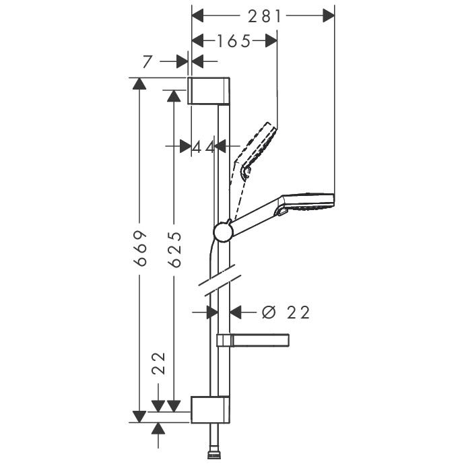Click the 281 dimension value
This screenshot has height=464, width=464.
point(265,16)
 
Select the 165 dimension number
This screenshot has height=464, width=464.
point(234,41)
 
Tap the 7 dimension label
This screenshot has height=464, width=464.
point(147,61)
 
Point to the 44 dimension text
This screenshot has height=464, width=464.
point(203,147)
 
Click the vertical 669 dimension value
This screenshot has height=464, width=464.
point(140,248)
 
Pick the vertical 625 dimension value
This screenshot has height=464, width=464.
point(174,249)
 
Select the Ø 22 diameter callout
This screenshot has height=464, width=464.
point(286,312)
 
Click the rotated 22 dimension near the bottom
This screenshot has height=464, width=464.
point(158,364)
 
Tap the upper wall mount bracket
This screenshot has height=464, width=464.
point(209,91)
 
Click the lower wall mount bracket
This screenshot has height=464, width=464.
point(210,409)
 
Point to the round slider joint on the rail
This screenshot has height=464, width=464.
point(223,232)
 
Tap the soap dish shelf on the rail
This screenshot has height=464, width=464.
point(253,340)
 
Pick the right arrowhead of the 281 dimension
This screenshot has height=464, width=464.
point(329,15)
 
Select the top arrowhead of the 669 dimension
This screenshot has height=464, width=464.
point(139,84)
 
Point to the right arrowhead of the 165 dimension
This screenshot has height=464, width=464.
point(271,40)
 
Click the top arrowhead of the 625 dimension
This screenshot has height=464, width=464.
point(174,96)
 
